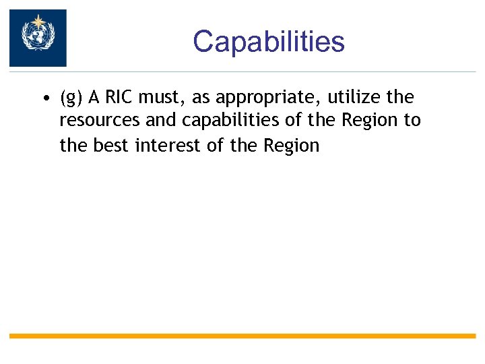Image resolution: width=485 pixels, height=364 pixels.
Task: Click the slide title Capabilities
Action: pyautogui.click(x=268, y=42)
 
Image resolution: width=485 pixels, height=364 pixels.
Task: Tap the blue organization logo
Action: pyautogui.click(x=38, y=38)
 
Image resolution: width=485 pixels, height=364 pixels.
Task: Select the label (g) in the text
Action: pyautogui.click(x=71, y=98)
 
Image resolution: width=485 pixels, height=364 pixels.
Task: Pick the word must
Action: pyautogui.click(x=160, y=98)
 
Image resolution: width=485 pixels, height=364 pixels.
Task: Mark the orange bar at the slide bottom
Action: pyautogui.click(x=243, y=336)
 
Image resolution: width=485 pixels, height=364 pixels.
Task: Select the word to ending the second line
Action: pyautogui.click(x=412, y=121)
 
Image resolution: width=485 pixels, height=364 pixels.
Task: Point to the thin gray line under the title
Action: pyautogui.click(x=269, y=72)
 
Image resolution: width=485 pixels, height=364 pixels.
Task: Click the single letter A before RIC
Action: pyautogui.click(x=94, y=98)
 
